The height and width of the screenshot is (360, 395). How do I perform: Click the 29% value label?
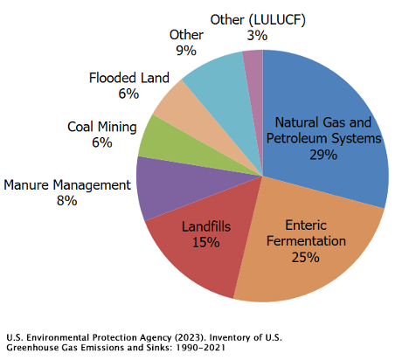click(322, 155)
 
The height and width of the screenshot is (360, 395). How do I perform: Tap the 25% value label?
click(305, 257)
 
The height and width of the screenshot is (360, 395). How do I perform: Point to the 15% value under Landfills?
click(205, 242)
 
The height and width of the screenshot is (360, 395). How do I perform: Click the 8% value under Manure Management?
click(66, 201)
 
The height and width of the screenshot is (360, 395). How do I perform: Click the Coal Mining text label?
click(102, 127)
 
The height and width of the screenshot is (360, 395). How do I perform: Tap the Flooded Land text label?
click(129, 78)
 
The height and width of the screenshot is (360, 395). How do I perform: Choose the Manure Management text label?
click(67, 184)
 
